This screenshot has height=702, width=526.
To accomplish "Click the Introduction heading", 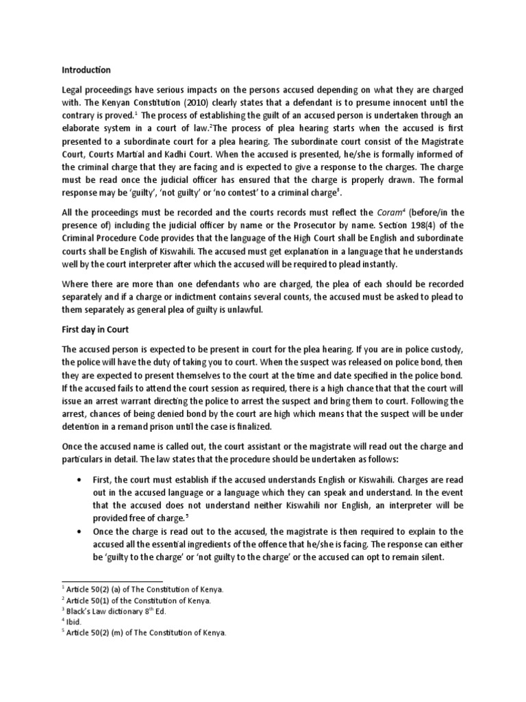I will point(86,69).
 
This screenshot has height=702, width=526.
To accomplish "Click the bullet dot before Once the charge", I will point(82,531).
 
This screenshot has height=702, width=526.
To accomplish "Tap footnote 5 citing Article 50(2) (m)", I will point(145,632).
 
